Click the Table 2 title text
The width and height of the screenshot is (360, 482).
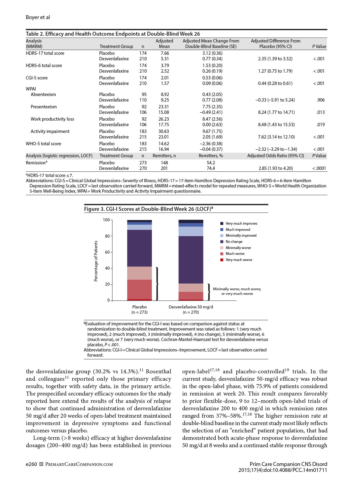click(x=113, y=34)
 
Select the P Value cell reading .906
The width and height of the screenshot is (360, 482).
click(x=321, y=100)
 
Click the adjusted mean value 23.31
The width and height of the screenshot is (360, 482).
click(x=164, y=107)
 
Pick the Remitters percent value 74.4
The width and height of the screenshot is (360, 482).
click(x=211, y=168)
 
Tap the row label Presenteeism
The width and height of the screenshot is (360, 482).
click(x=44, y=107)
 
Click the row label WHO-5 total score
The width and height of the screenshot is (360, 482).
click(x=43, y=144)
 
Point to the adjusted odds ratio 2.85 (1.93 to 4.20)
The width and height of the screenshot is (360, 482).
click(x=275, y=168)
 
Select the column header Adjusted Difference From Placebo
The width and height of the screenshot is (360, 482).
click(x=275, y=43)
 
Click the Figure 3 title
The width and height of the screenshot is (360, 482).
click(x=148, y=209)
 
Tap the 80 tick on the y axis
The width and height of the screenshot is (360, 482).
click(x=107, y=236)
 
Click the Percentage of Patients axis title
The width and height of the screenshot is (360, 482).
click(x=96, y=261)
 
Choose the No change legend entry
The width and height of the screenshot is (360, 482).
click(x=234, y=242)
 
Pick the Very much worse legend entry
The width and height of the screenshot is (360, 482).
click(x=239, y=260)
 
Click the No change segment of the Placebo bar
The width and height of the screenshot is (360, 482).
click(x=139, y=248)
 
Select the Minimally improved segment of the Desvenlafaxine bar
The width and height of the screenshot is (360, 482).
click(x=191, y=231)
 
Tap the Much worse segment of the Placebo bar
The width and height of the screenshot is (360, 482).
click(x=139, y=289)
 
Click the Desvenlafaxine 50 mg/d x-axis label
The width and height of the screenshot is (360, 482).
click(x=191, y=307)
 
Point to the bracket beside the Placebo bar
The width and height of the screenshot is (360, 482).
click(x=157, y=283)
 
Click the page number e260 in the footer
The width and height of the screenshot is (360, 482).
click(x=31, y=464)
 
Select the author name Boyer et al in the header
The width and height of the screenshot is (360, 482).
click(x=38, y=17)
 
